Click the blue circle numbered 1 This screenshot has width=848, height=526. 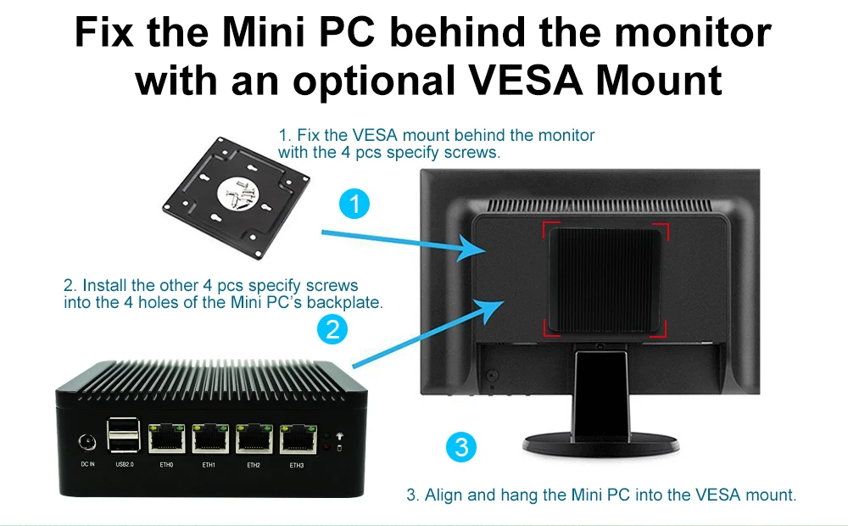click(354, 204)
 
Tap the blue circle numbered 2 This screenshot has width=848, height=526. click(332, 329)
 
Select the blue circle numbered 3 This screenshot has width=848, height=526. click(461, 447)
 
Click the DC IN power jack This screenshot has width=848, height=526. click(87, 441)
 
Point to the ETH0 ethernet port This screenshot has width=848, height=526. click(166, 439)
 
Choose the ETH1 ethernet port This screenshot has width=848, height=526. click(210, 439)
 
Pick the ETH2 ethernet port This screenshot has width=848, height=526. click(254, 439)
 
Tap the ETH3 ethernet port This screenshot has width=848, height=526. click(298, 439)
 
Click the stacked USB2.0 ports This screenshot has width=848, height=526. click(124, 434)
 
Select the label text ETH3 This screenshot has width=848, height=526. click(296, 466)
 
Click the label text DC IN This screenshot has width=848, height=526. click(87, 464)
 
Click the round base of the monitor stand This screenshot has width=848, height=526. click(600, 443)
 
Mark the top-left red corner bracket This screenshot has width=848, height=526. click(551, 229)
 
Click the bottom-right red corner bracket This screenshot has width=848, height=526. click(658, 328)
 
